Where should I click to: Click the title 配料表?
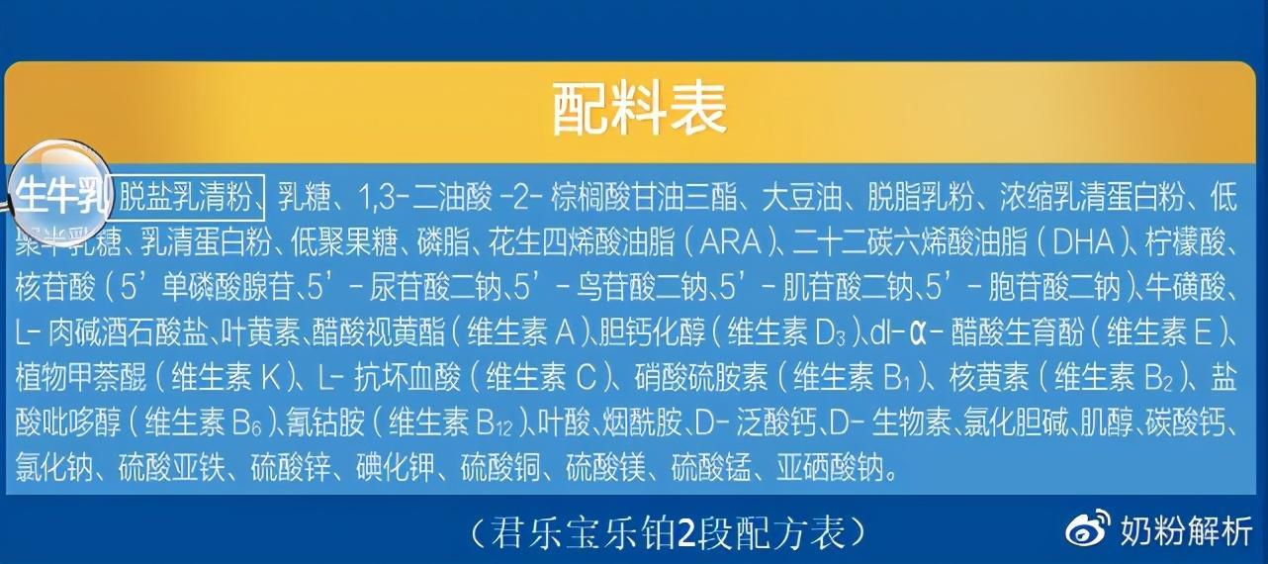coord(639,109)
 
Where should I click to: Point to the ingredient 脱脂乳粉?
coord(920,197)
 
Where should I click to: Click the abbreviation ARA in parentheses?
coord(730,242)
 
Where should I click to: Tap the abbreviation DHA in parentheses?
coord(1083,242)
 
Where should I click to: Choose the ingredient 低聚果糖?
coord(343,242)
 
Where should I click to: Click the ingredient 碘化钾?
coord(396,468)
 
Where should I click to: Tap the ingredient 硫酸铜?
coord(500,468)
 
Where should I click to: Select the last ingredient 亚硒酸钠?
coord(829,468)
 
